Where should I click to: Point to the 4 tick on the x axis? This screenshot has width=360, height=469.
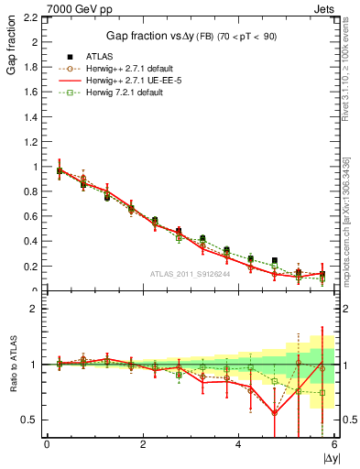pos(238,444)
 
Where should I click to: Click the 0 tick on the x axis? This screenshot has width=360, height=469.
pos(47,444)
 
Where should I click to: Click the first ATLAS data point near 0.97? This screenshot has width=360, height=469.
pos(60,170)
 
